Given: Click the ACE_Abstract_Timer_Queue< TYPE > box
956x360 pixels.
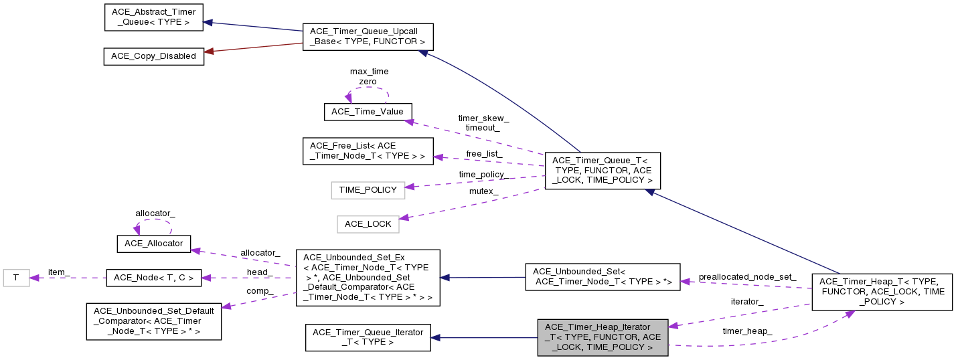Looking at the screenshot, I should point(153,17).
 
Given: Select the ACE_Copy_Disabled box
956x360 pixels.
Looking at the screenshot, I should point(153,56).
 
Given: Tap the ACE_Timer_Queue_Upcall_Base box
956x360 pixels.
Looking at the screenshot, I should point(368,37).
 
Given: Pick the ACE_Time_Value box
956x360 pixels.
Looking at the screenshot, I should point(368,112).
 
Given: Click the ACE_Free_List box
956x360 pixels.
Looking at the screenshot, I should point(368,151).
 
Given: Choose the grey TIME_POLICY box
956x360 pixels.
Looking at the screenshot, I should point(368,190).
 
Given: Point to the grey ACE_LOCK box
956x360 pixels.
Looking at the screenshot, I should point(368,223).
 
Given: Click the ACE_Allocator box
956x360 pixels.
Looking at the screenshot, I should point(154,244).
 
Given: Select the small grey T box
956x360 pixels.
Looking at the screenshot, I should point(16,277).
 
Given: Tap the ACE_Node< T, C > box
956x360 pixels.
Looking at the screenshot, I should point(154,278).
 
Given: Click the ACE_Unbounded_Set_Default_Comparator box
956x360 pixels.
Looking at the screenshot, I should point(154,321).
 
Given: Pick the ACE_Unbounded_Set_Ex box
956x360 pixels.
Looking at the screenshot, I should point(368,278).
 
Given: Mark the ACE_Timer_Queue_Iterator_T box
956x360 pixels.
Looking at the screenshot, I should point(368,337).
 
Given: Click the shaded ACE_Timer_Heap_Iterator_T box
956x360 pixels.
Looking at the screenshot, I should point(603,337).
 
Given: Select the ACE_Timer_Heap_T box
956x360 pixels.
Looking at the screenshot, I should point(882,292).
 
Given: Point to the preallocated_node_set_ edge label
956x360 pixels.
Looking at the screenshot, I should point(747,276).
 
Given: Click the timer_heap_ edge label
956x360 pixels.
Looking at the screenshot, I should point(747,331).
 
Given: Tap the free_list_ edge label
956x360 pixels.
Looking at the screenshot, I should point(484,154).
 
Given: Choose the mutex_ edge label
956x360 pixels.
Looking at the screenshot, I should point(483,191).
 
